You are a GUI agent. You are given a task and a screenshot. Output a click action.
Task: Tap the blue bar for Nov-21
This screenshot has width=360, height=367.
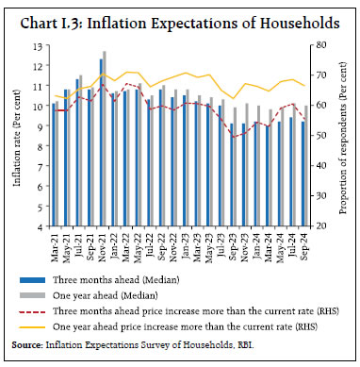click(x=101, y=142)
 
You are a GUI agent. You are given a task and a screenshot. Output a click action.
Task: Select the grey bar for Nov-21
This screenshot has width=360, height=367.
click(x=105, y=138)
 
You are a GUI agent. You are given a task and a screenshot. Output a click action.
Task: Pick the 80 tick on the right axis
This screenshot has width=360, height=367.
click(x=322, y=45)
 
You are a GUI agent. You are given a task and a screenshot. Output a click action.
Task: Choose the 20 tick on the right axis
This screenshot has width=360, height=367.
click(x=322, y=226)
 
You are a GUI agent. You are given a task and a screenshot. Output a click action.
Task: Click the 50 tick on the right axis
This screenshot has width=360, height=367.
click(x=322, y=136)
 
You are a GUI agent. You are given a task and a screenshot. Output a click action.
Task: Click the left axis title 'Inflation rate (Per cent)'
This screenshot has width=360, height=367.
click(x=17, y=137)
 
